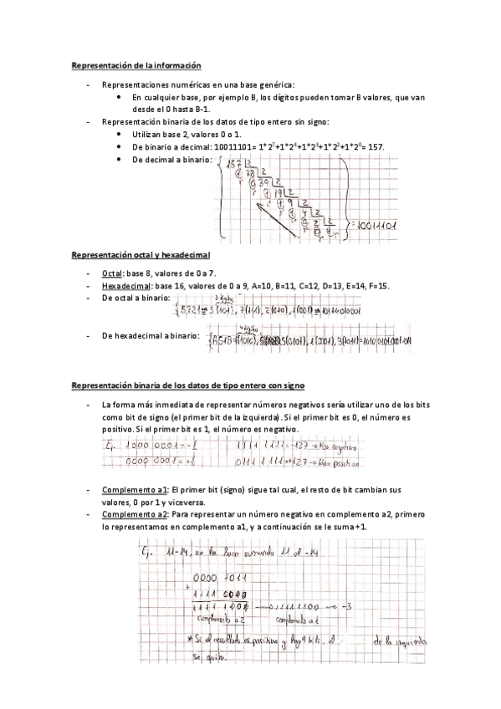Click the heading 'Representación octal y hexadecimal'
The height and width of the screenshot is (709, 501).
(x=141, y=254)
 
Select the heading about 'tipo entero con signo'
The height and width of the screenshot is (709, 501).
(x=187, y=385)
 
